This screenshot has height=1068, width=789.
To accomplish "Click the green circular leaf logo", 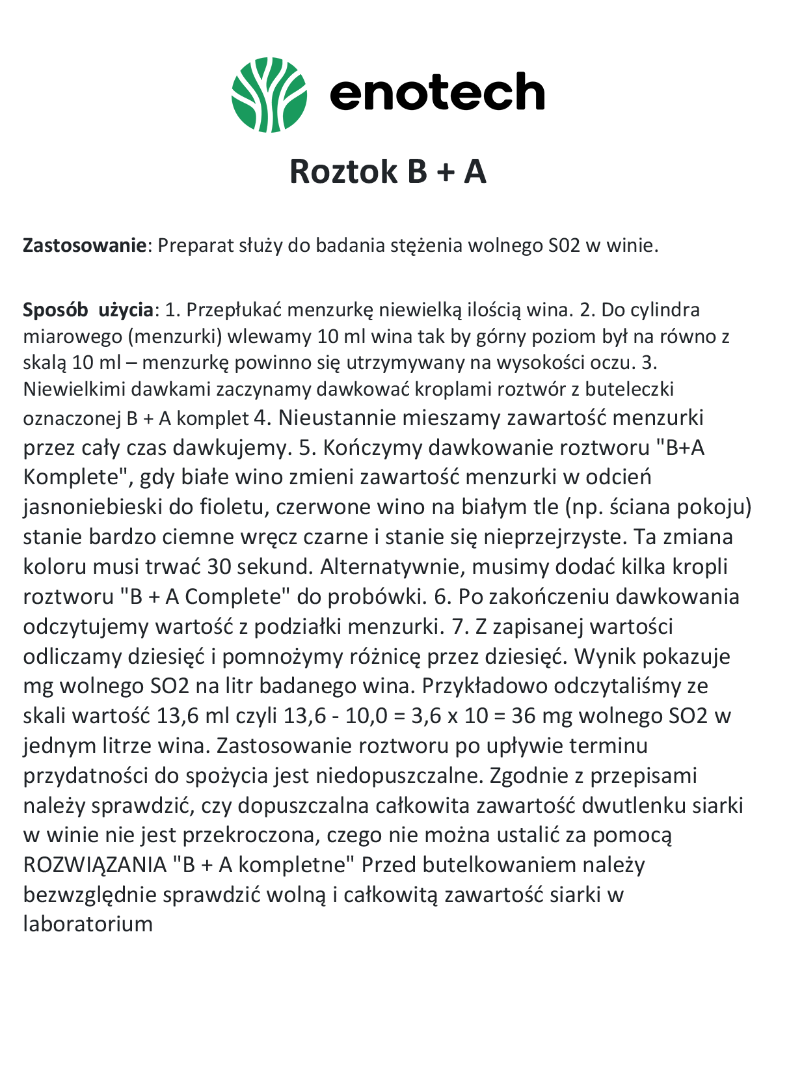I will [x=269, y=94].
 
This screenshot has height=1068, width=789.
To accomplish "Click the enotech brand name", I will [x=437, y=92].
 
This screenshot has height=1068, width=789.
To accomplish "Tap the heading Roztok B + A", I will [x=388, y=171].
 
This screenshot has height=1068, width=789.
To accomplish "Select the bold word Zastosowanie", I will [x=85, y=245].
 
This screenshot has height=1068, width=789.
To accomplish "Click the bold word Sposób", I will [x=55, y=310].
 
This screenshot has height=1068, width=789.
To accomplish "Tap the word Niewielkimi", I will [x=75, y=389].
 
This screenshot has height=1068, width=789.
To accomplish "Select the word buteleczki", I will [x=630, y=389].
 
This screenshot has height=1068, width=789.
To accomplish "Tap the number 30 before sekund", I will [x=219, y=567].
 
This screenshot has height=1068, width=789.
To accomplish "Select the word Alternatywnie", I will [x=390, y=567].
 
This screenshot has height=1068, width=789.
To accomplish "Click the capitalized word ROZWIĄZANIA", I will [x=95, y=865].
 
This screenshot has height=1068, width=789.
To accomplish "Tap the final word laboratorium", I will [x=88, y=924].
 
